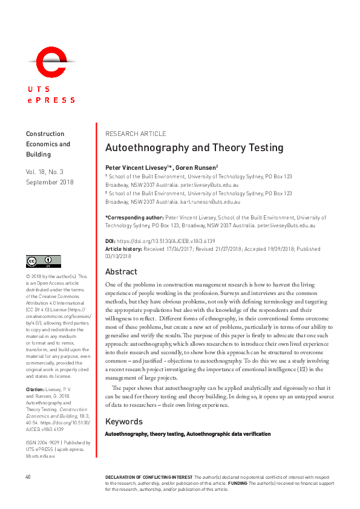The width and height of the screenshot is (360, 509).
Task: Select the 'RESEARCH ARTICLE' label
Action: (136, 134)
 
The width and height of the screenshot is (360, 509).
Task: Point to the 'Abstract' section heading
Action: (121, 271)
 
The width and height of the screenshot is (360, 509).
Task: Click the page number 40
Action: (28, 477)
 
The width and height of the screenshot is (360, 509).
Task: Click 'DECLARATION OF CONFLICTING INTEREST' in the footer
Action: (148, 477)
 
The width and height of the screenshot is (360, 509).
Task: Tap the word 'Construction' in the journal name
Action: (45, 134)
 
